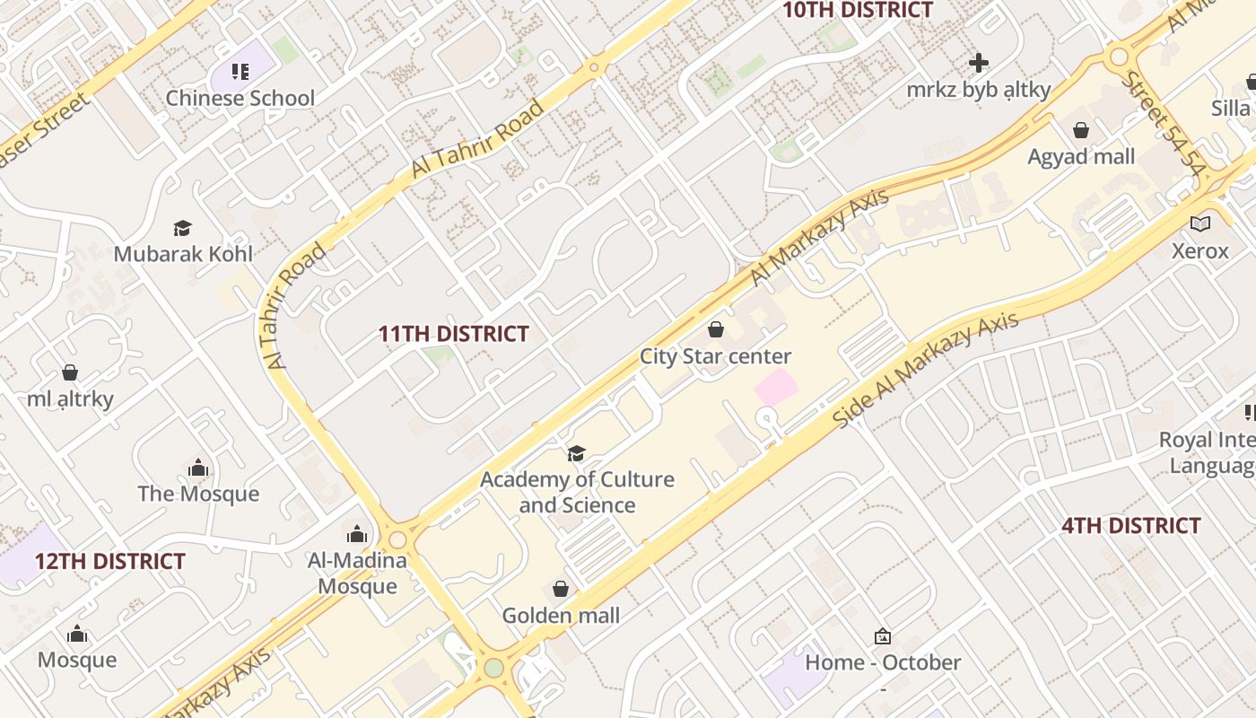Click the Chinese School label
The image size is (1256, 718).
[240, 98]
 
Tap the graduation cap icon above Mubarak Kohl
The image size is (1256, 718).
[183, 228]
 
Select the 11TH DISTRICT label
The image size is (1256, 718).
[453, 334]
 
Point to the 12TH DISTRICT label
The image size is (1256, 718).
[110, 562]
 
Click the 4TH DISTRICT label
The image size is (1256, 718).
[1130, 526]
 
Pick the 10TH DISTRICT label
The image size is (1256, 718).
[858, 11]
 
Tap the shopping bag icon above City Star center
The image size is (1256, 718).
[715, 329]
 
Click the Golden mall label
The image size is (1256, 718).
[561, 616]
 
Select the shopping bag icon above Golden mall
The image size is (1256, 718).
[561, 589]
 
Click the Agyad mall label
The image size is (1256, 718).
[1081, 157]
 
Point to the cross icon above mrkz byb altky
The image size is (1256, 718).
[979, 63]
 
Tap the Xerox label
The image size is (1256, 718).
[1199, 250]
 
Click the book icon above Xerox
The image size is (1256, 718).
[1199, 223]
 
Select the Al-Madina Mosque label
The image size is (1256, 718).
[357, 573]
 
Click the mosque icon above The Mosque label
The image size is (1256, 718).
[198, 468]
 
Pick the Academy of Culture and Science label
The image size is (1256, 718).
[577, 492]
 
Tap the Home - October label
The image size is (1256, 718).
[883, 663]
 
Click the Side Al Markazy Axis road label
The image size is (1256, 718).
[926, 371]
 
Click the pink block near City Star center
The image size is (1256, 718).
[776, 387]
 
